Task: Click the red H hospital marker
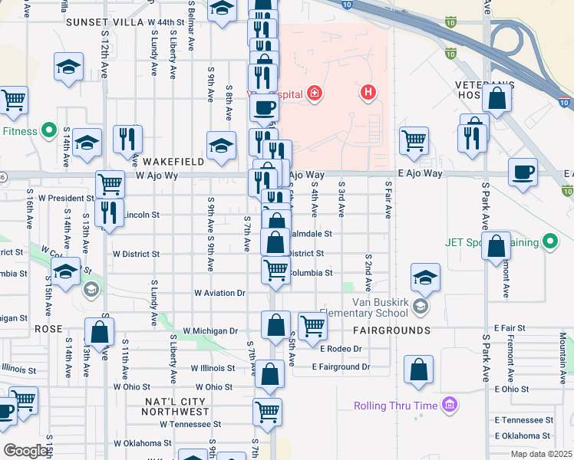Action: pyautogui.click(x=368, y=94)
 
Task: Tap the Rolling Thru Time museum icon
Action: pyautogui.click(x=450, y=405)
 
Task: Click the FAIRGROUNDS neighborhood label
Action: pyautogui.click(x=391, y=330)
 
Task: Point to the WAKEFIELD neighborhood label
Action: pyautogui.click(x=173, y=162)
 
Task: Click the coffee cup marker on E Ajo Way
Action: pyautogui.click(x=523, y=172)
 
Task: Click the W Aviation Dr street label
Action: pyautogui.click(x=219, y=293)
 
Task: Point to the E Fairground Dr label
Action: pyautogui.click(x=341, y=366)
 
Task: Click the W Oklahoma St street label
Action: pyautogui.click(x=143, y=443)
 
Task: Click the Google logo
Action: pyautogui.click(x=25, y=451)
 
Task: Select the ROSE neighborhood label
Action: pyautogui.click(x=48, y=327)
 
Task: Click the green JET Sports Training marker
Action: pyautogui.click(x=549, y=243)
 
